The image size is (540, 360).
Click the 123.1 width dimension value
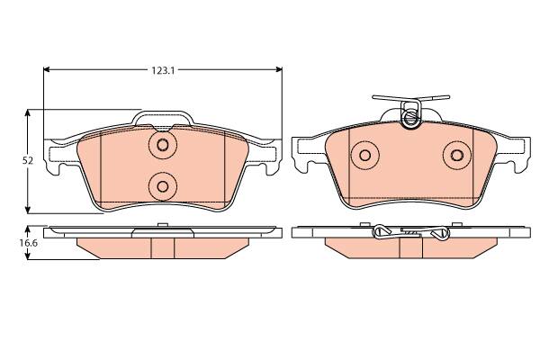click(164, 70)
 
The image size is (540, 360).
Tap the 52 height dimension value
click(28, 160)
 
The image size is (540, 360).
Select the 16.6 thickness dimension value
click(28, 242)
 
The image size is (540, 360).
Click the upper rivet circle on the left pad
click(163, 145)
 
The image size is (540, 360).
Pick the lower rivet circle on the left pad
click(163, 186)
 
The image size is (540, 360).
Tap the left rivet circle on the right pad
click(365, 155)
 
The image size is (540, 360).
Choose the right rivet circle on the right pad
click(457, 155)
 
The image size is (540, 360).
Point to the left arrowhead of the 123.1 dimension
click(47, 69)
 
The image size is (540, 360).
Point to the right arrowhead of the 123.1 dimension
click(279, 69)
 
